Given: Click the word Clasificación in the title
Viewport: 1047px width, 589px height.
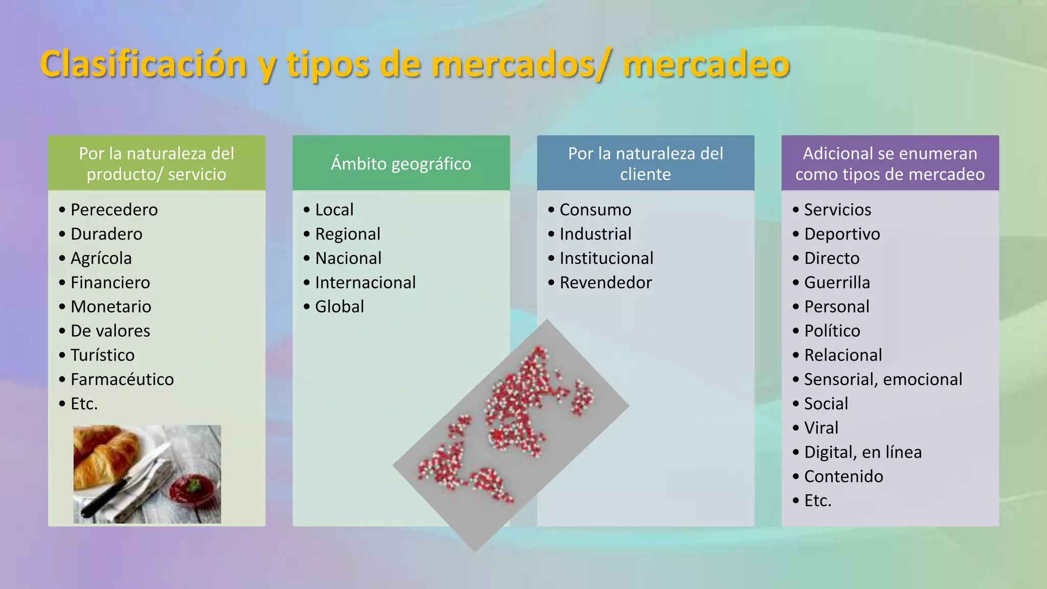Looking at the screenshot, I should coord(143,65).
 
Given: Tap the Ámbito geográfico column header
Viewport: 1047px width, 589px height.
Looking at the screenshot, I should coord(401,164).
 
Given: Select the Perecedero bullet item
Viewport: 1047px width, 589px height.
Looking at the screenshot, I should coord(114,210).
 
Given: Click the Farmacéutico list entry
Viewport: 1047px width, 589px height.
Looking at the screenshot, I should coord(122,379).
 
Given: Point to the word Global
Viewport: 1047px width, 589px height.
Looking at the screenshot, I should coord(339,307).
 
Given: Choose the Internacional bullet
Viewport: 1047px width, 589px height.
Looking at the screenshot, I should coord(365,282).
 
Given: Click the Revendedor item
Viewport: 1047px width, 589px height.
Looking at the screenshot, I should coord(605,282).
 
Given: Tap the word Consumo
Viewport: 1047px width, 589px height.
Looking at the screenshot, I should coord(595,210).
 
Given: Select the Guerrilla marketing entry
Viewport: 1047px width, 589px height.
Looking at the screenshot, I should coord(837,282).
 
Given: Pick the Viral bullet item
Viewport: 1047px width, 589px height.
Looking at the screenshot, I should coord(821,428).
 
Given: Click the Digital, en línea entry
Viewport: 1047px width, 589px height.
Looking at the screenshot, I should coord(862,452).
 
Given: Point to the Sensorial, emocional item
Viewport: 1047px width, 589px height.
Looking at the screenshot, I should coord(883,379).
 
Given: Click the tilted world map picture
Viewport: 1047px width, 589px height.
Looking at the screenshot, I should coord(511,435).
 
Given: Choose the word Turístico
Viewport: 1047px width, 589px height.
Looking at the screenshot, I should coord(102,355).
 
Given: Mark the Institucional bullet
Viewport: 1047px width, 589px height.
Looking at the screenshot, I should coord(606,258).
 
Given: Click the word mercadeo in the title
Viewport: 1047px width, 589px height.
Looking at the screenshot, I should coord(706,65).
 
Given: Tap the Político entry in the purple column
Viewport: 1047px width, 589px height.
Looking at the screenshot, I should coord(832,331).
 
